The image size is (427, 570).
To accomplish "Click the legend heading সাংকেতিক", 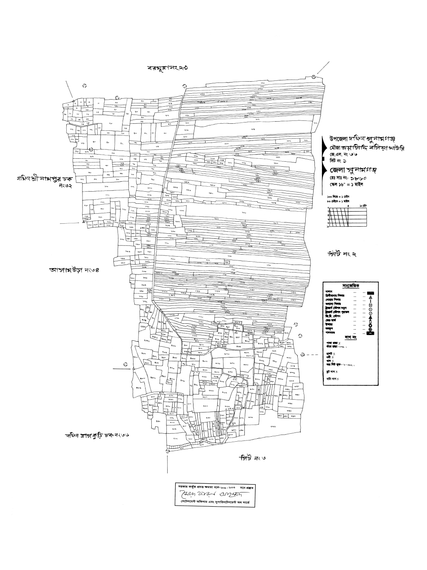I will tap(350, 285).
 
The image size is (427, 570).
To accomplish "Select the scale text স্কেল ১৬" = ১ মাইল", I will tap(346, 185).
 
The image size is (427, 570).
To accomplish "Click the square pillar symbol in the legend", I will tap(370, 305).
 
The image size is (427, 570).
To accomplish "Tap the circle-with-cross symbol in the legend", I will tap(370, 329).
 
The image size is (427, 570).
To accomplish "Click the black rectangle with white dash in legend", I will tap(370, 333).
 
